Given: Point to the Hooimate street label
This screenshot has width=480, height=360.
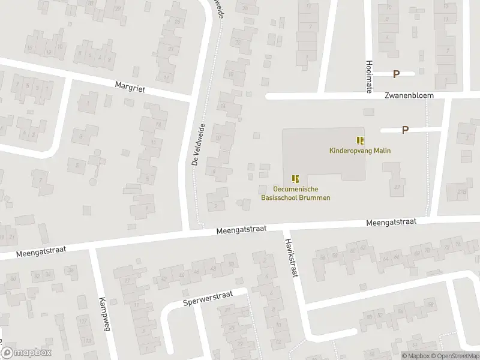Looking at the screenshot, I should [368, 76].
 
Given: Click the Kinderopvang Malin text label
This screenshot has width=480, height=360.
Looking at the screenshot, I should [360, 151].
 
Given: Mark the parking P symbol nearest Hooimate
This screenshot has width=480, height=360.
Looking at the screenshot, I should [395, 74].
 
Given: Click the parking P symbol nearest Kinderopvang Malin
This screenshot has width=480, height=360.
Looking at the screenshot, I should [405, 129].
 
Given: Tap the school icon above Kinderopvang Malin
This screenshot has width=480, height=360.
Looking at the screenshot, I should [360, 140].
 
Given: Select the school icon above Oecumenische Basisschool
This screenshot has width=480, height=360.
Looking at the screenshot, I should [295, 178].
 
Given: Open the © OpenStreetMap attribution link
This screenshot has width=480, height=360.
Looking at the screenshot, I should [454, 356].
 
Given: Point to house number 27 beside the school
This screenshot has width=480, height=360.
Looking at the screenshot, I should [397, 187].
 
